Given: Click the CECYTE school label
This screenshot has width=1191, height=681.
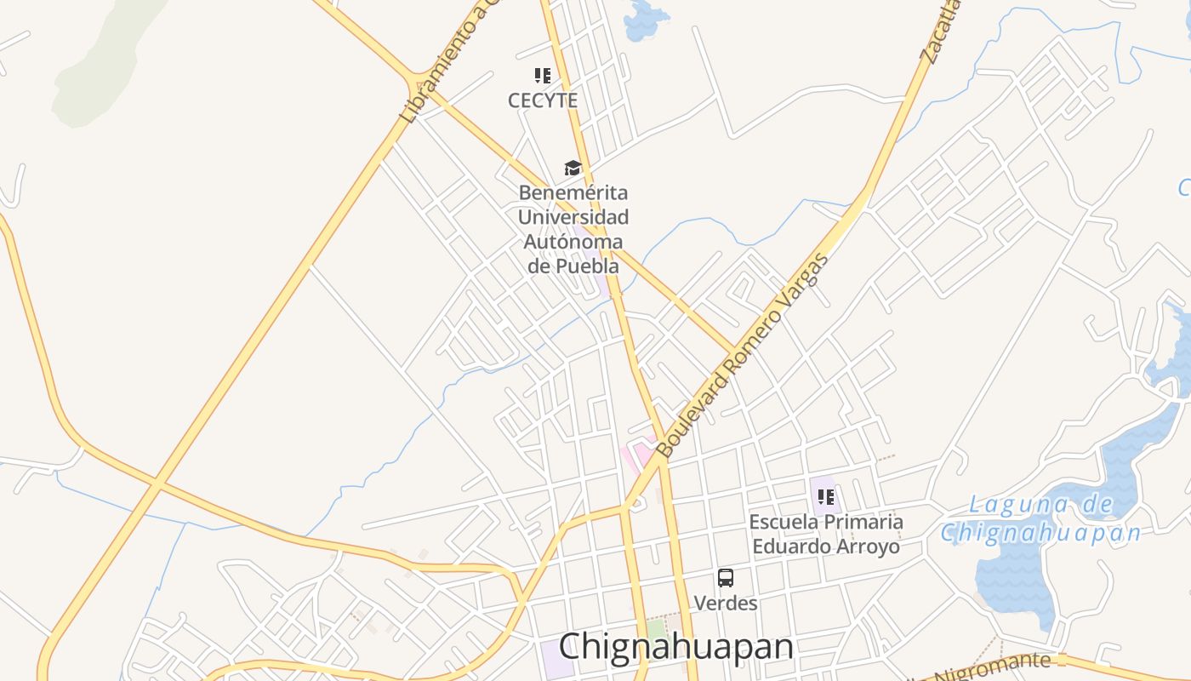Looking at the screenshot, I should (x=543, y=100).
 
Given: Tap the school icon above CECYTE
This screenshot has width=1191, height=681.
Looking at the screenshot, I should (x=543, y=76).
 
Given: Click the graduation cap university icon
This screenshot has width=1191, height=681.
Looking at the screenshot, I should (x=573, y=168).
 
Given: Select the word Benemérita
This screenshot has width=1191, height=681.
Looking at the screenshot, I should (x=573, y=192).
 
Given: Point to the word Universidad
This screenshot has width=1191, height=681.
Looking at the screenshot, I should (x=573, y=217).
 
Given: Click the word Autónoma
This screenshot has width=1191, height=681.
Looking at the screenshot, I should (x=573, y=242).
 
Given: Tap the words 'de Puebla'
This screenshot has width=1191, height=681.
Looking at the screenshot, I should (x=573, y=266).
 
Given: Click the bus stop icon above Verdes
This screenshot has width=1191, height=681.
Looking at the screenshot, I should (x=726, y=578).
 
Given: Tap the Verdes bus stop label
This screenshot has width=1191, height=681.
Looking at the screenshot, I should (x=726, y=603).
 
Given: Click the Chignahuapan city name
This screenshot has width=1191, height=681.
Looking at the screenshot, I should (x=676, y=646).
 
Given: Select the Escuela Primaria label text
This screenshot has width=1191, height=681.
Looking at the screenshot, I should (x=825, y=521).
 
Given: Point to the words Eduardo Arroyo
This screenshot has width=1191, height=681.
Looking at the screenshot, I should (x=825, y=546).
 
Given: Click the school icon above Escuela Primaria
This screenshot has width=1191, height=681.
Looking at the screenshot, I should (x=825, y=496).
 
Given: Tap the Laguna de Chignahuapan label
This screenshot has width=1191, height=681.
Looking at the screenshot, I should (x=1041, y=519).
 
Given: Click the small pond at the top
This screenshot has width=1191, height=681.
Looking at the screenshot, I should (x=644, y=20).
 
